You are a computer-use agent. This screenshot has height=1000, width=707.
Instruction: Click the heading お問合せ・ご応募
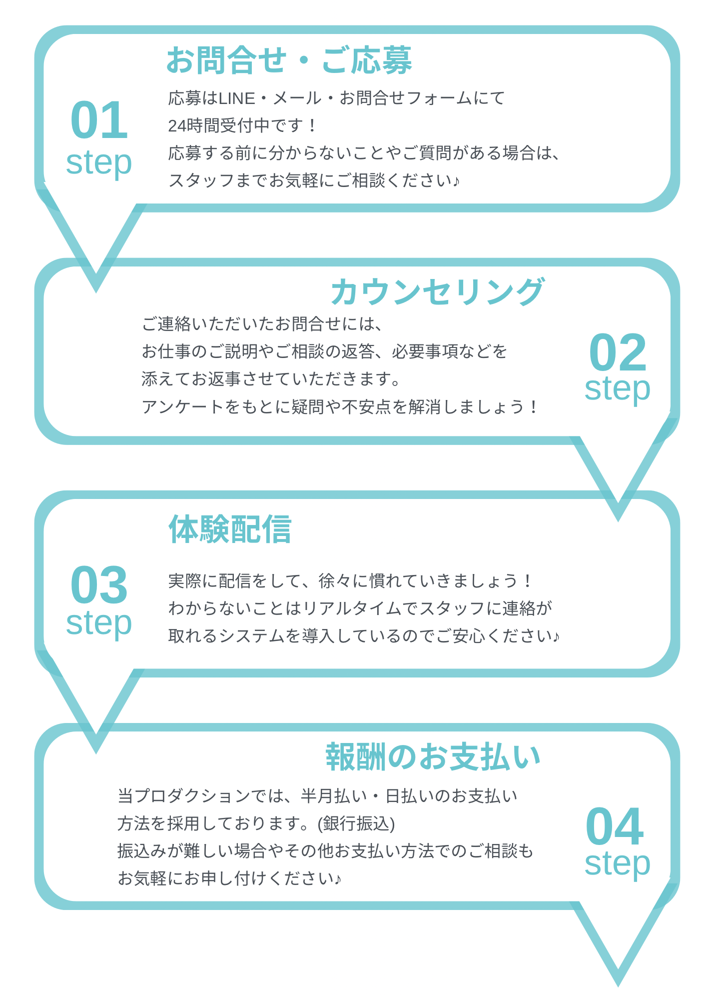pos(289,60)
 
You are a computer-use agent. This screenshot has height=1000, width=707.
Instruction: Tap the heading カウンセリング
pos(437,291)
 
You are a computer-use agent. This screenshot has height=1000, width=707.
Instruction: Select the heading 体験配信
pos(230,529)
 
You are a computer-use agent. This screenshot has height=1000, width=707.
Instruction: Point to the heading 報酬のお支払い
pos(434,757)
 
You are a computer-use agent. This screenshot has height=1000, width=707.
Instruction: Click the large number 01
pos(99,120)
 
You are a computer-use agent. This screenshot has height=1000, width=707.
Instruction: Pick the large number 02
pos(618,352)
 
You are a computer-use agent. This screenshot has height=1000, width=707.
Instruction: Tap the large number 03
pos(99,585)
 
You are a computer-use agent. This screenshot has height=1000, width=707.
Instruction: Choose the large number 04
pos(615,827)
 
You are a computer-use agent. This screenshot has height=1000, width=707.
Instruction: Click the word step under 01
pos(99,163)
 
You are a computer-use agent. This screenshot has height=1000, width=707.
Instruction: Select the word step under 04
pos(618,863)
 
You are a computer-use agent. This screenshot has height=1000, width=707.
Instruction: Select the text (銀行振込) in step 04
pos(356,823)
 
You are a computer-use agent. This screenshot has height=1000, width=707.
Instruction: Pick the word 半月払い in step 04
pos(334,796)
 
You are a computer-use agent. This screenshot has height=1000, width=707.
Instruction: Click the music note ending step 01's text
pos(456,181)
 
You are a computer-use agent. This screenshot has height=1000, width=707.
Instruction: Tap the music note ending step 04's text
pos(338,878)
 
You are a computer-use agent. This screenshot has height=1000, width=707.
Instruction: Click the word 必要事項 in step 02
pos(425,352)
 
